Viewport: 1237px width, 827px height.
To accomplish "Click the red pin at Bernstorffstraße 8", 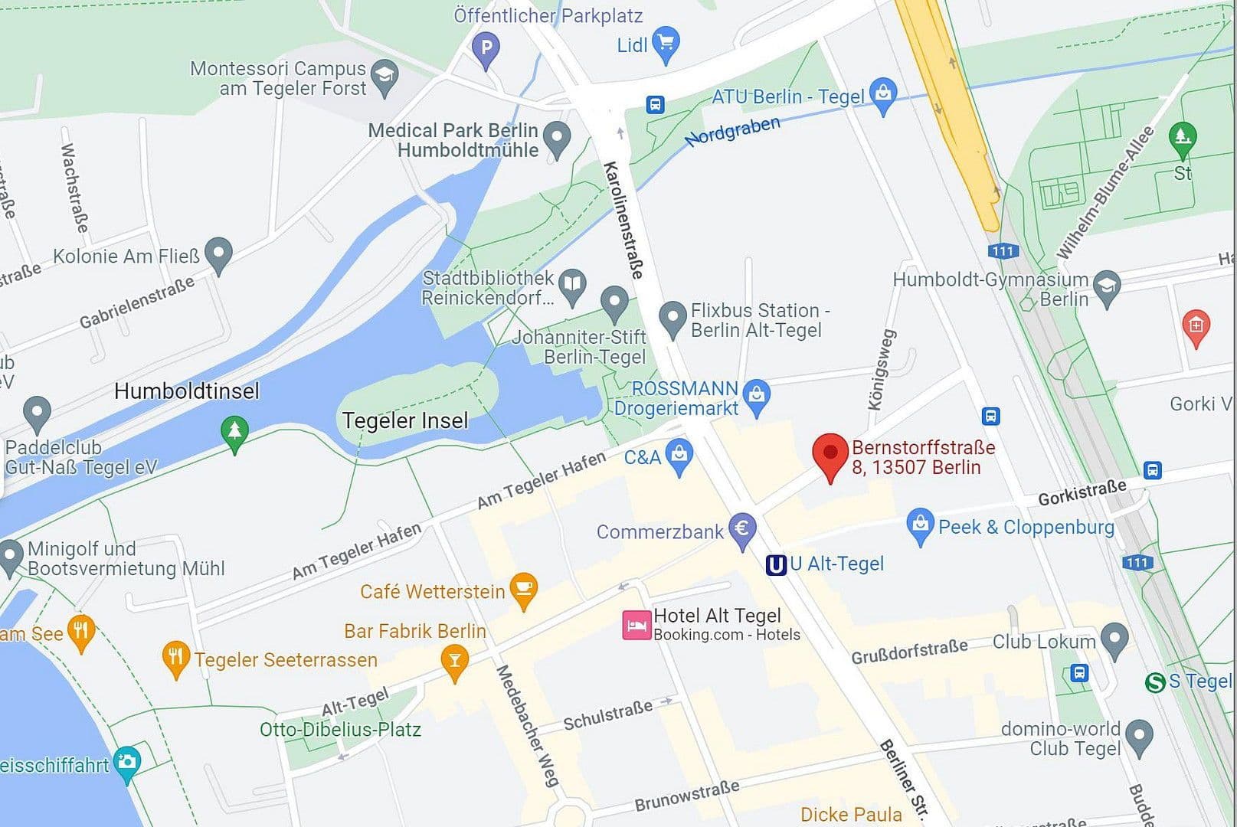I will click(x=830, y=453).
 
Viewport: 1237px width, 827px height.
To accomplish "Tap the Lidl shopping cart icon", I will click(x=666, y=44).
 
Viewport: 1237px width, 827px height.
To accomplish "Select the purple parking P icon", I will click(x=486, y=48).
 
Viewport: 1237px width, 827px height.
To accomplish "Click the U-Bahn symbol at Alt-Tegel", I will click(x=776, y=565).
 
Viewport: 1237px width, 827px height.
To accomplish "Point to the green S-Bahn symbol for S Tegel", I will click(x=1155, y=681).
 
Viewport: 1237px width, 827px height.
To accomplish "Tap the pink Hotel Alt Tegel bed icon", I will click(x=636, y=626).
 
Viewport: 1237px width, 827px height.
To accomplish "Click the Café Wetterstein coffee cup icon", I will click(x=523, y=590).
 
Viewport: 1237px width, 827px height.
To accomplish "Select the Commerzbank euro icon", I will click(x=741, y=529).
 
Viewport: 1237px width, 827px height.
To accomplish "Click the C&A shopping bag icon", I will click(x=679, y=456).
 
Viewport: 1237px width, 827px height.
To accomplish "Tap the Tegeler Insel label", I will click(x=404, y=420).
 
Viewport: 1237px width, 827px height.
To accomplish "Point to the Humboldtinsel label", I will click(x=186, y=391).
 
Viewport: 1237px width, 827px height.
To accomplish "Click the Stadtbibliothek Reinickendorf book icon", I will click(x=571, y=285).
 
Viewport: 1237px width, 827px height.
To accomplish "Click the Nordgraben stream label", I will click(x=732, y=131).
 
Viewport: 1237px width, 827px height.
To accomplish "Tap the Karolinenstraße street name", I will click(x=623, y=220).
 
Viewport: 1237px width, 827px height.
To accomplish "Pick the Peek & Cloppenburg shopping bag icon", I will click(x=920, y=525).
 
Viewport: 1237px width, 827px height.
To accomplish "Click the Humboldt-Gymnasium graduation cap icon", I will click(x=1107, y=286).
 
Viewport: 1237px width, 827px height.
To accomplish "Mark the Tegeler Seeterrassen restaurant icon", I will click(x=176, y=658).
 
